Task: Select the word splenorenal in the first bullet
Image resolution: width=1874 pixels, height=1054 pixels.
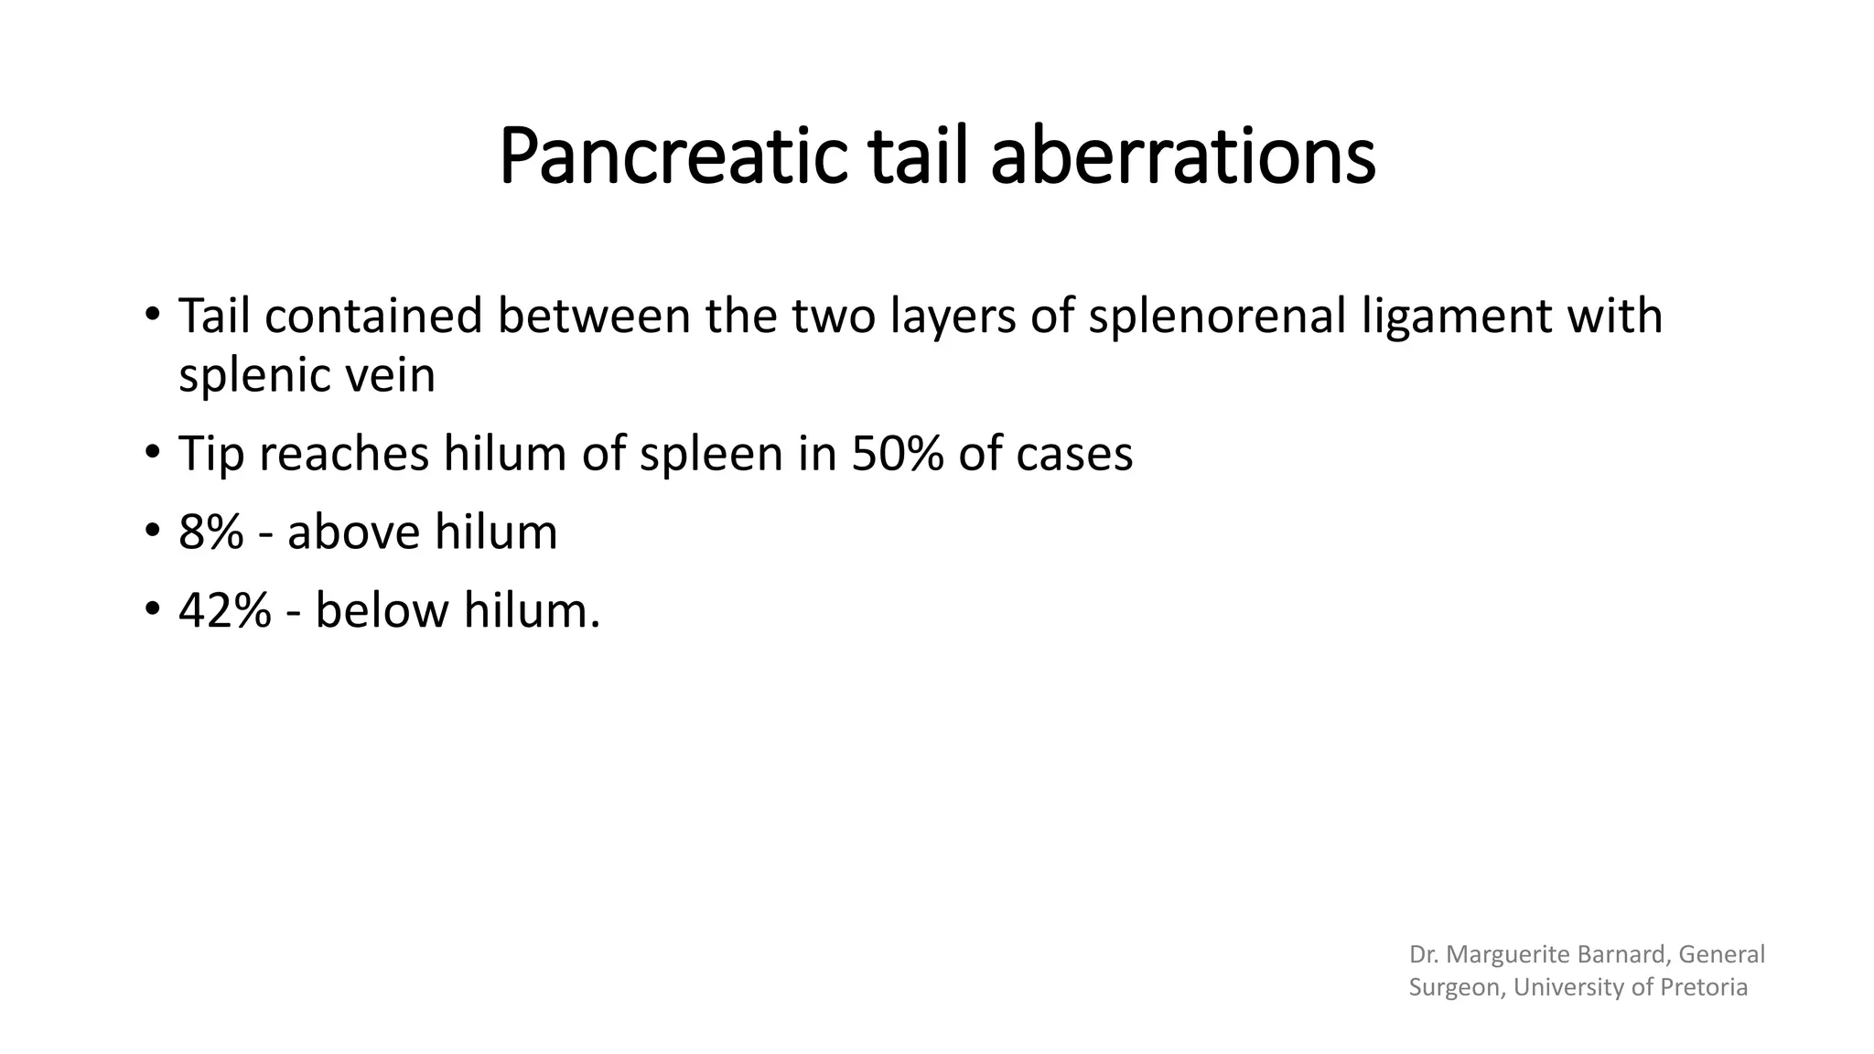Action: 1217,317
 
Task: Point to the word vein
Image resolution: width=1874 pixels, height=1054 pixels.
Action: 395,376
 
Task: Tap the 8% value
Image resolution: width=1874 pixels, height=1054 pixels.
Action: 210,532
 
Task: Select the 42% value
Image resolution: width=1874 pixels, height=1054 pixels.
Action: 224,610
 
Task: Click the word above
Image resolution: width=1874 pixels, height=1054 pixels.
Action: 352,532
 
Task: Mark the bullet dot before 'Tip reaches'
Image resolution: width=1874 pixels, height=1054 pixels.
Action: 152,452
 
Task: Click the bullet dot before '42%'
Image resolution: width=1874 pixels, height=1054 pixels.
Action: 152,608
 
